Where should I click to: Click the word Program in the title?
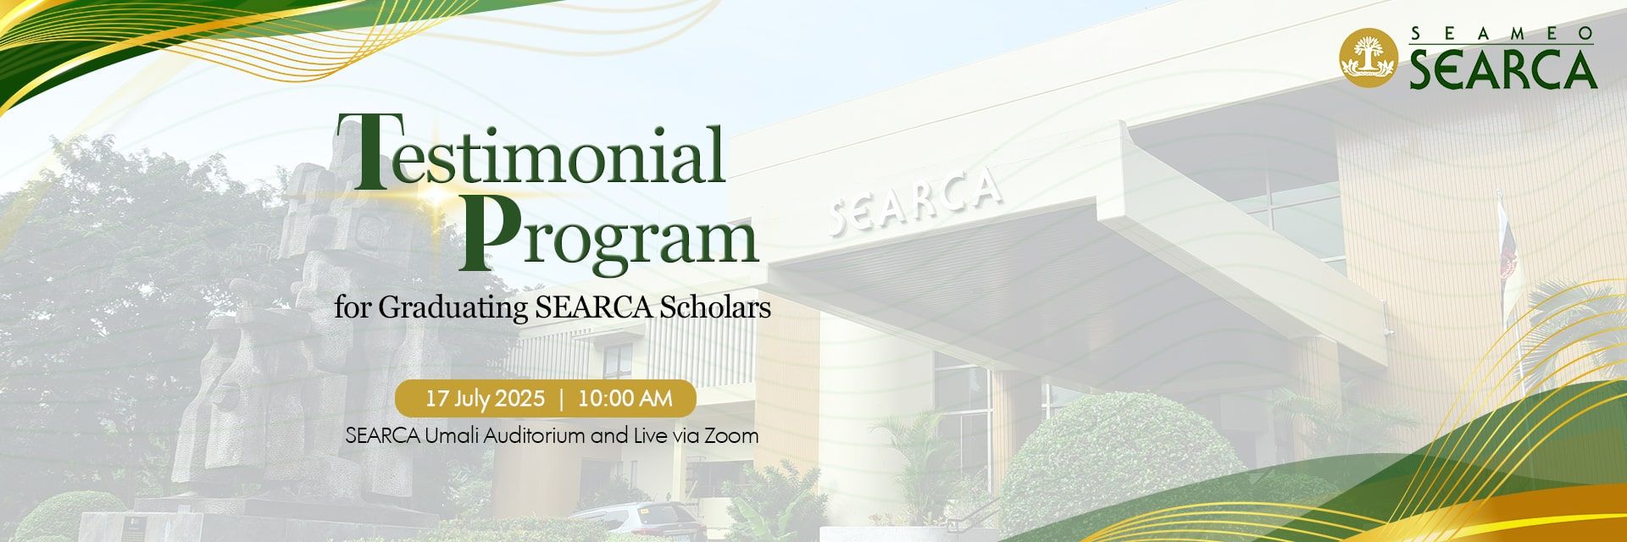[x=608, y=234]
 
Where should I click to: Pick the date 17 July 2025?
[x=485, y=398]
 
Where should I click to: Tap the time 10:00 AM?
[x=625, y=398]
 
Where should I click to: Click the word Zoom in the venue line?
[x=736, y=436]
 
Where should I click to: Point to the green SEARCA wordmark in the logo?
[x=1503, y=69]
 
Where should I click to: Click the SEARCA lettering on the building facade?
[x=914, y=201]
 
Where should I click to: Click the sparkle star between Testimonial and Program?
[x=438, y=196]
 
